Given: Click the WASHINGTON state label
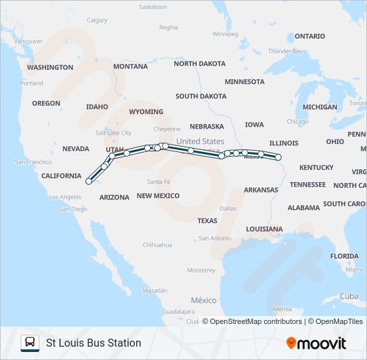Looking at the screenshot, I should coord(50,67).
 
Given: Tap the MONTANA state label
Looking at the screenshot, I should coord(131,67).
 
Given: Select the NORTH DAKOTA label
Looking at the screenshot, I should coord(200,64).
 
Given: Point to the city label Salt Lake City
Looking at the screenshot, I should coord(113,133).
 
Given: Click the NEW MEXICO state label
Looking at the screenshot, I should coord(158,195).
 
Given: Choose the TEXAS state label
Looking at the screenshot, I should coord(207,221).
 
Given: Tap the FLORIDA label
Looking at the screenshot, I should coord(344,256).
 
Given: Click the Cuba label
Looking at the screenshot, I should coord(349,296).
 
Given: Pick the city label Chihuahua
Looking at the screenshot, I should coord(157,245).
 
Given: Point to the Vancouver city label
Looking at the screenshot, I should coord(28,41).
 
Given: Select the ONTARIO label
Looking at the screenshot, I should coord(310,36).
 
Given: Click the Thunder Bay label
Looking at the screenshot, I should coord(285,51).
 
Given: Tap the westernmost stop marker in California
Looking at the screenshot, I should coord(89,181).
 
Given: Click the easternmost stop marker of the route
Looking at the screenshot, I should coord(278,158).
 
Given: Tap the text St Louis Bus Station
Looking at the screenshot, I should coord(93,343).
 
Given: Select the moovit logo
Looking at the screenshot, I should coord(316,343).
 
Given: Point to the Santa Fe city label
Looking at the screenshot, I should coord(159,181).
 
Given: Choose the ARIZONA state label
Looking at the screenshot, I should coord(114,197).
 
